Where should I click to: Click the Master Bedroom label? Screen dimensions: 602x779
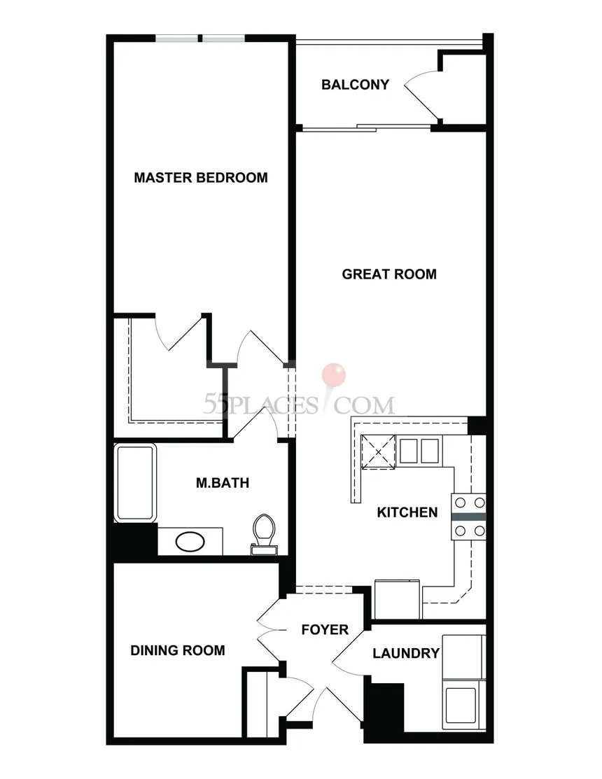201,177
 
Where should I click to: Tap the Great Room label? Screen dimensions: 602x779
389,274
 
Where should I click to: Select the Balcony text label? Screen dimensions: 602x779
355,85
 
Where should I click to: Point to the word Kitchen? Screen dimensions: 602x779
407,512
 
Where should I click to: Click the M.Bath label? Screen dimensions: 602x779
223,482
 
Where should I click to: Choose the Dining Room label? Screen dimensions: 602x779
178,650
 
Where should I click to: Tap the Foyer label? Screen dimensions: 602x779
325,629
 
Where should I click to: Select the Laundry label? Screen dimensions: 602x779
406,653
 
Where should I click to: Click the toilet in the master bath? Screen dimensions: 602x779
264,534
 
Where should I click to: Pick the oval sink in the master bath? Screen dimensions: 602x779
190,542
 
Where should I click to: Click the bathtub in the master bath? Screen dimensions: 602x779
136,482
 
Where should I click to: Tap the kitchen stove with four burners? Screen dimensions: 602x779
468,517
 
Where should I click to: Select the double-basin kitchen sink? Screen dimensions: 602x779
420,451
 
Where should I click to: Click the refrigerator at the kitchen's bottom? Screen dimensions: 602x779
397,598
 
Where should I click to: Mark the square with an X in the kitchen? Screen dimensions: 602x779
379,451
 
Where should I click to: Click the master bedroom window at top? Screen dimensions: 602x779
200,38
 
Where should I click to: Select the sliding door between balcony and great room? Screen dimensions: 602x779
367,127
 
